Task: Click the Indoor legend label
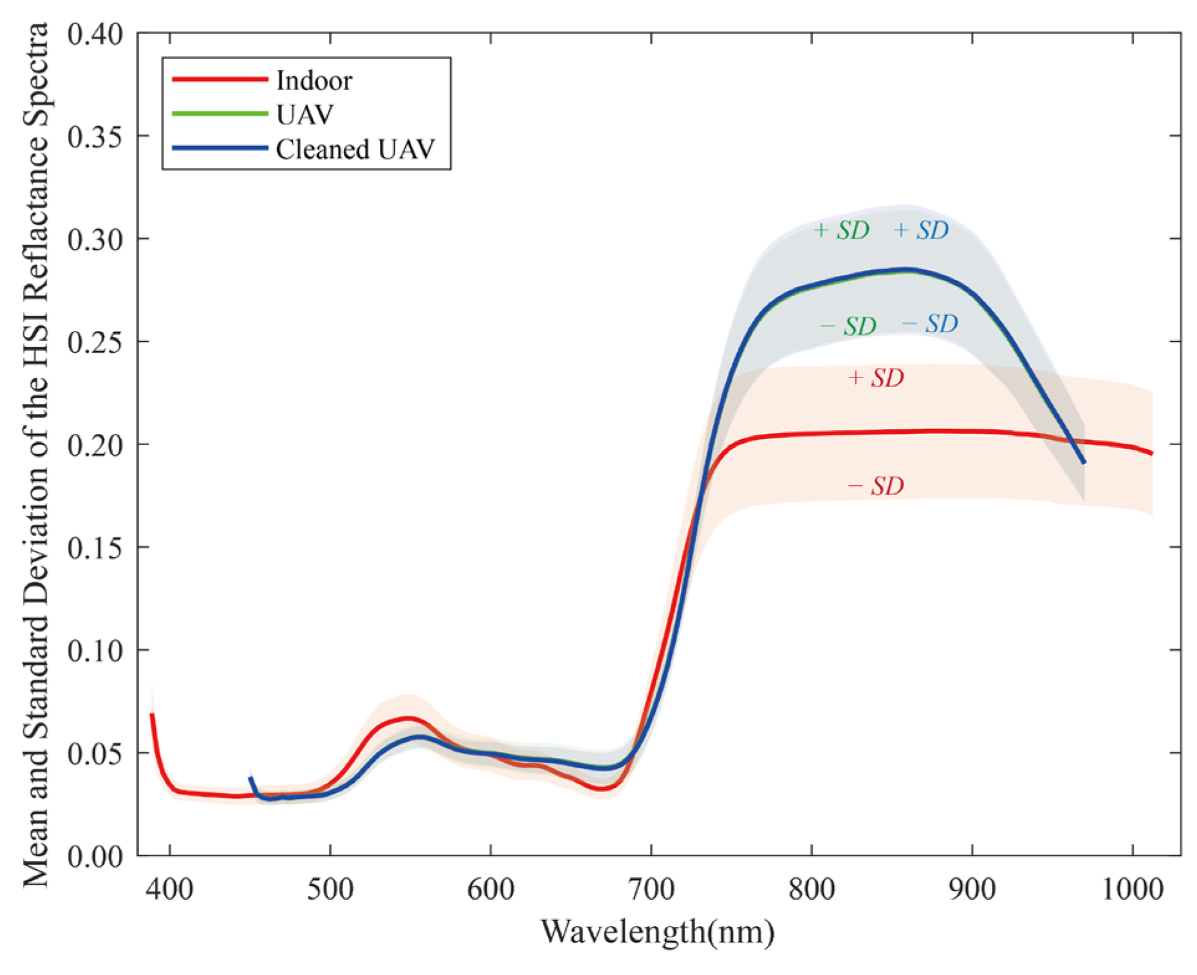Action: [x=314, y=81]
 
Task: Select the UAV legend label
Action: [x=305, y=115]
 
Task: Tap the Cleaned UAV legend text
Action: [x=355, y=150]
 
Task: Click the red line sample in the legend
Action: [x=219, y=79]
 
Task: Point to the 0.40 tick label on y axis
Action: [x=95, y=34]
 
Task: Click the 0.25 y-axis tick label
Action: [x=95, y=342]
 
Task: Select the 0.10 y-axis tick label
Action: [x=95, y=650]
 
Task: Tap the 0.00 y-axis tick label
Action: [x=95, y=856]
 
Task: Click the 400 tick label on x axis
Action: [x=170, y=889]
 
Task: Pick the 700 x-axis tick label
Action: [x=651, y=889]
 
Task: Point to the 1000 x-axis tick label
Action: [x=1132, y=889]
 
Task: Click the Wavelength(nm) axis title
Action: [x=658, y=932]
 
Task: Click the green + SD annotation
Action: [x=841, y=231]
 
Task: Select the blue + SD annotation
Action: [x=921, y=231]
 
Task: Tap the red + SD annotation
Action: [x=876, y=378]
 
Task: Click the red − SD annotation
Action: [x=876, y=486]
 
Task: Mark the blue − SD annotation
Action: [x=930, y=324]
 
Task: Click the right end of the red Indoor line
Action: [x=1152, y=453]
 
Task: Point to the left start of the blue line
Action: [x=251, y=779]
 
